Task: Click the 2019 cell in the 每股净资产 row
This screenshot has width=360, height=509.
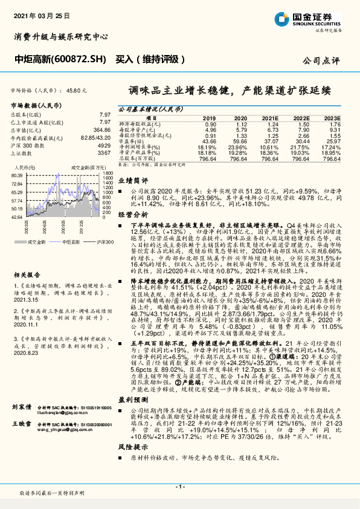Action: (x=210, y=129)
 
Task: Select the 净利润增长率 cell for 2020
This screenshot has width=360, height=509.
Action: (x=240, y=146)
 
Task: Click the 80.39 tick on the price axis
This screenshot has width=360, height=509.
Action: (x=17, y=175)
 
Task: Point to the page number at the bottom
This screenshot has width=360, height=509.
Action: (x=180, y=486)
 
